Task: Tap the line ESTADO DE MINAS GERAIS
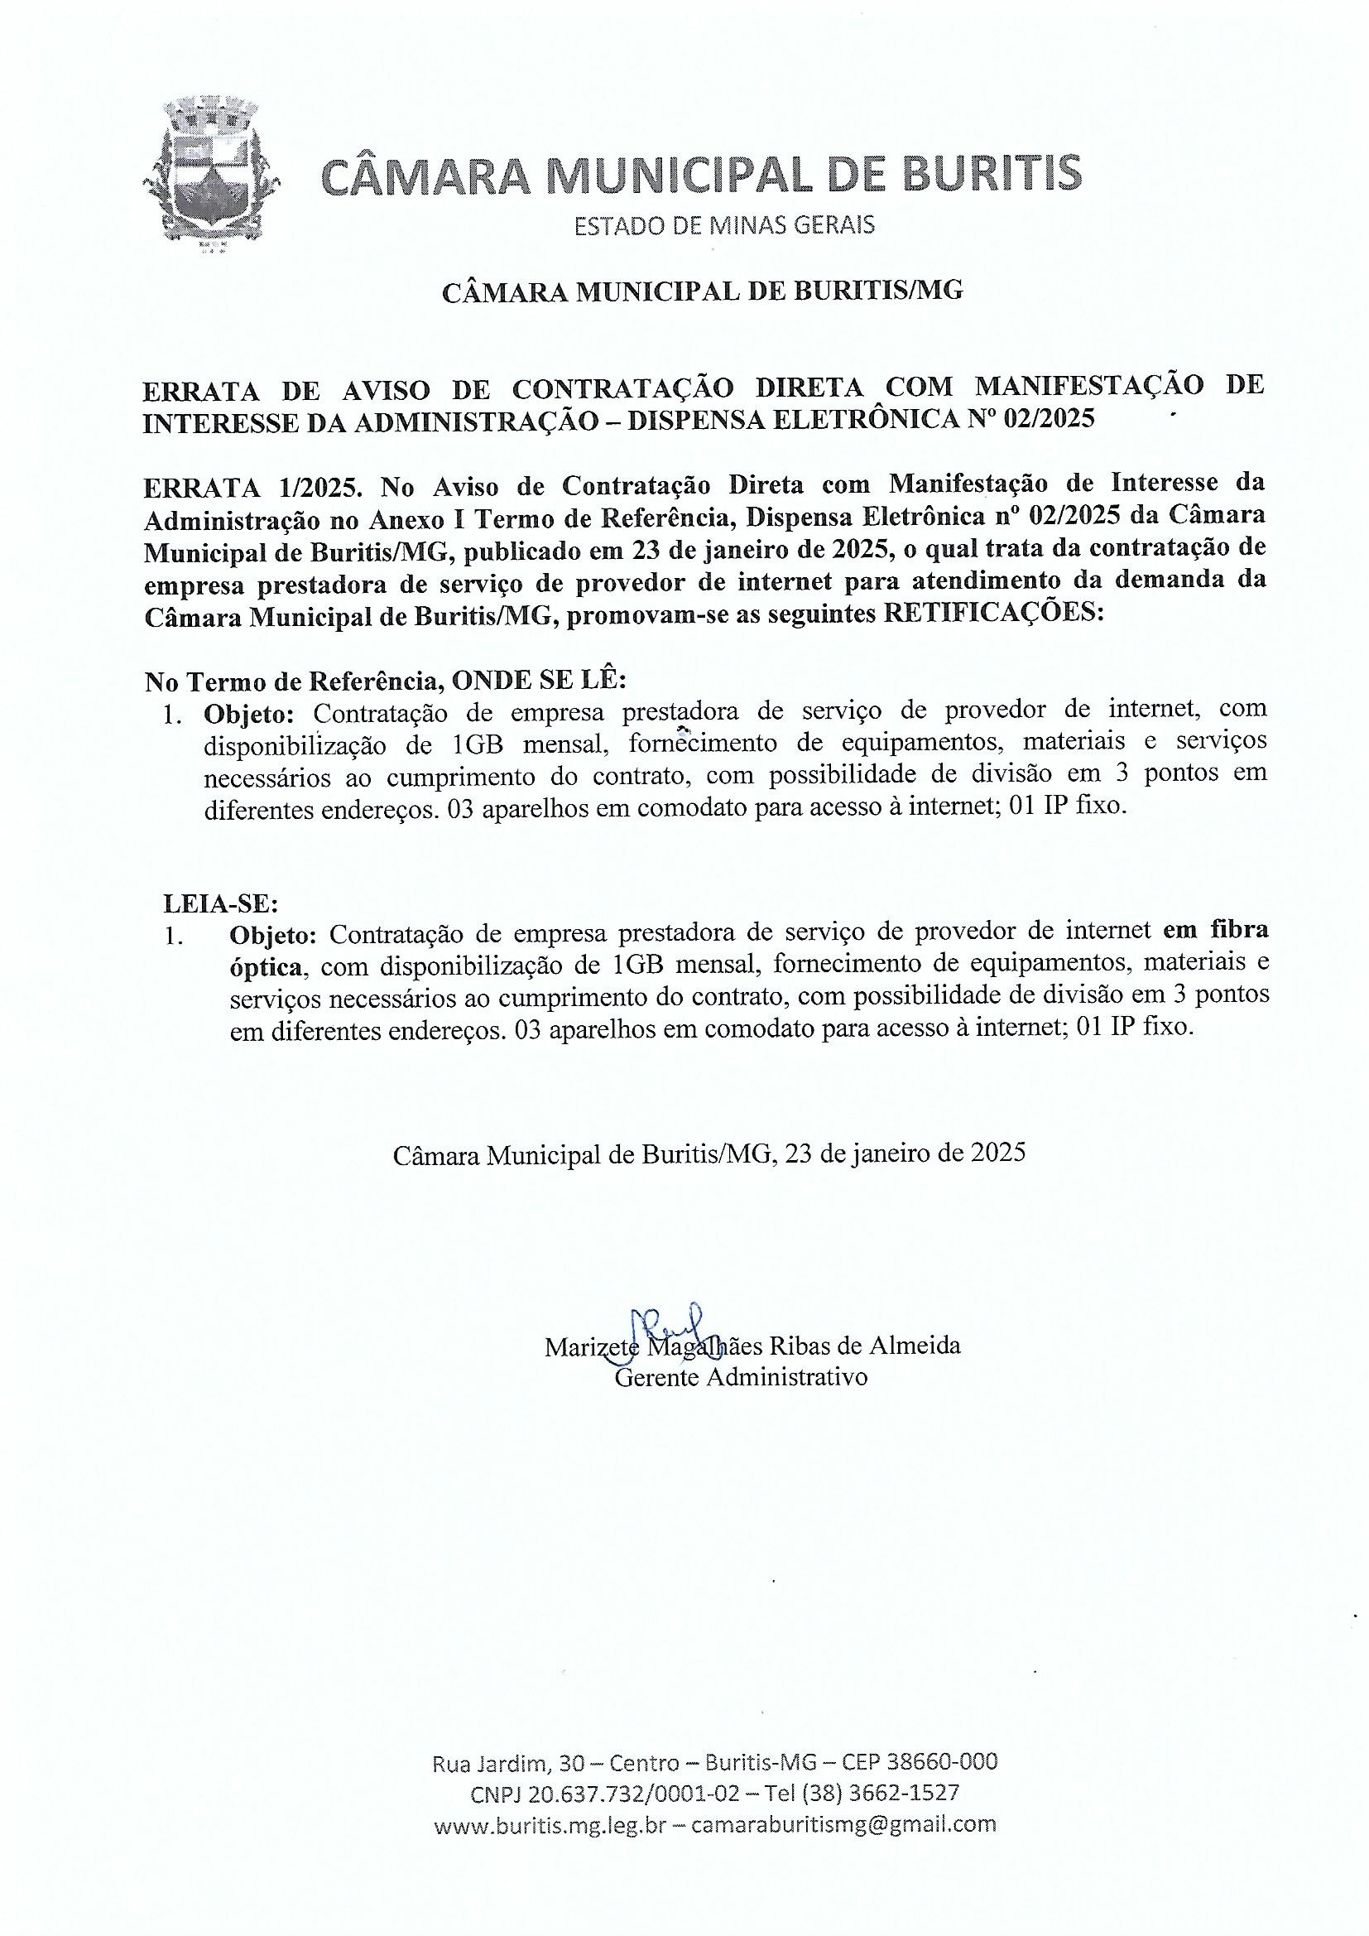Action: pos(724,225)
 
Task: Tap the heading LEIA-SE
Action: pos(220,904)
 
